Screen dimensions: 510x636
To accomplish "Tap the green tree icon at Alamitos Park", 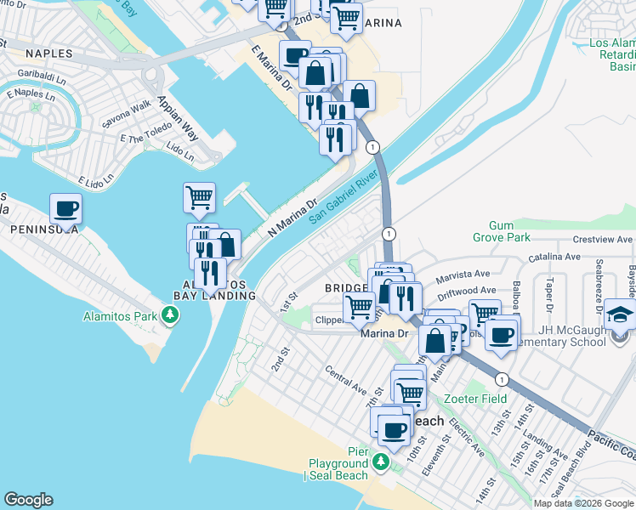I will pyautogui.click(x=171, y=316).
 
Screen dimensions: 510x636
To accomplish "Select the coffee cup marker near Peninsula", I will pyautogui.click(x=65, y=208).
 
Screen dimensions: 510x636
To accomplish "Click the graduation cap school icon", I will pyautogui.click(x=620, y=315).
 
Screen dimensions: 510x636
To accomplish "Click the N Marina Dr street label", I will pyautogui.click(x=292, y=218).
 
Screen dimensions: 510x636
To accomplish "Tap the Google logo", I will pyautogui.click(x=28, y=500).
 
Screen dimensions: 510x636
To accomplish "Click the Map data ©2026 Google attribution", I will pyautogui.click(x=584, y=502).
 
